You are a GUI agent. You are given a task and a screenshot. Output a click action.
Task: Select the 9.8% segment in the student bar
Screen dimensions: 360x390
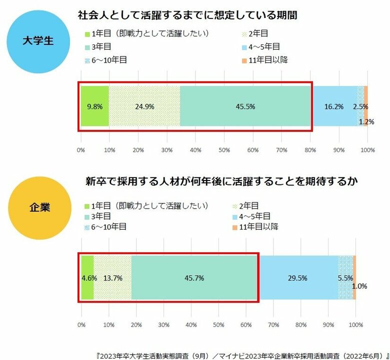tap(94, 106)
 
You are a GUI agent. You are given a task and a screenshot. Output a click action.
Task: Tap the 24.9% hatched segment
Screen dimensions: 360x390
tap(144, 106)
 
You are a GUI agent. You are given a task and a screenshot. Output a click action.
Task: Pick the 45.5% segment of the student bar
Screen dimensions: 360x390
tap(245, 106)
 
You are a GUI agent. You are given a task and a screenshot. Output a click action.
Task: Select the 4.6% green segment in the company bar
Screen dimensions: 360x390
tap(87, 277)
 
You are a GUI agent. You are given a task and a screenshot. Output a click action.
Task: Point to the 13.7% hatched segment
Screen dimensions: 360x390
tap(112, 277)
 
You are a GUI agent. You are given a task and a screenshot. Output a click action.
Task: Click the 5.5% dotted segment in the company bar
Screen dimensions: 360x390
tap(345, 277)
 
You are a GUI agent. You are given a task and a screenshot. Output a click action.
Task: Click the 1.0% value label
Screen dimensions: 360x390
tap(359, 286)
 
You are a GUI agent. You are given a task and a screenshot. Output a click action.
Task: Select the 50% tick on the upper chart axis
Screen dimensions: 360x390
tap(224, 149)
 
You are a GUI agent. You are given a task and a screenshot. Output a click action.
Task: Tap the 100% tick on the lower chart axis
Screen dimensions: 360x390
tap(355, 325)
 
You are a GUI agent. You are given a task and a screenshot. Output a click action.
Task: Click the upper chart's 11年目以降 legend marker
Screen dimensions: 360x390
tap(244, 60)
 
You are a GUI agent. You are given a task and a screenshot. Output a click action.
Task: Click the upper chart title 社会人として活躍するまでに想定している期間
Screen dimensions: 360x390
tap(187, 15)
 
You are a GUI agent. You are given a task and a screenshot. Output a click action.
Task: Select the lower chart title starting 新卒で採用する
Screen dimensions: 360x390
tap(221, 181)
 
